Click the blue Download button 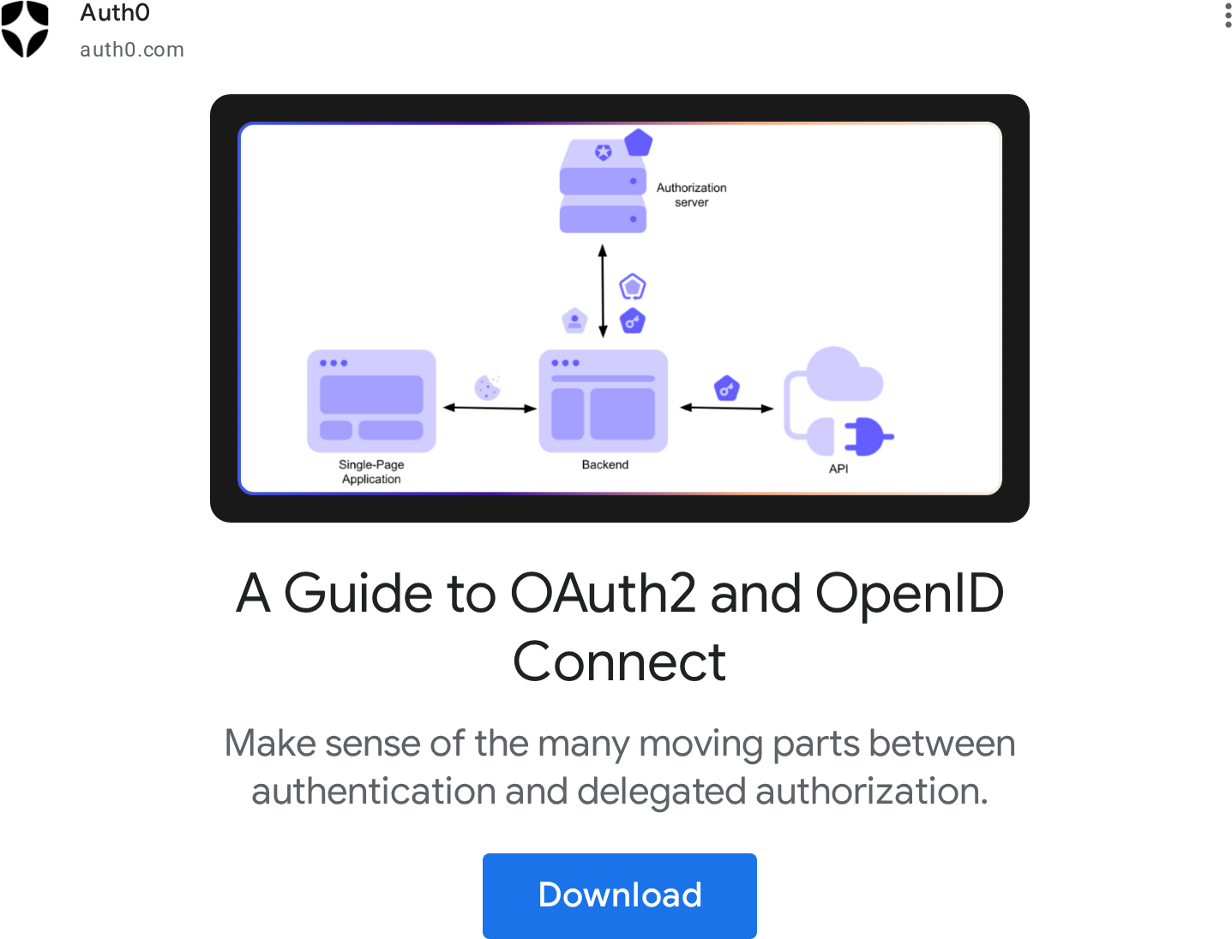point(619,895)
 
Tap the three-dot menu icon point(1228,15)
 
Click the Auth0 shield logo point(25,29)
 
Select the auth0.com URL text point(132,50)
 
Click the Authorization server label point(691,194)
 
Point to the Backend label point(605,464)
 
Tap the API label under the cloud point(838,469)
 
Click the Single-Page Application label point(371,472)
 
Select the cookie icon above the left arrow point(487,387)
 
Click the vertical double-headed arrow point(603,291)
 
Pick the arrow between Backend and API point(727,408)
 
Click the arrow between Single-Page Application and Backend point(490,408)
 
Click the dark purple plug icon point(867,436)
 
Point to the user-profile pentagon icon point(574,320)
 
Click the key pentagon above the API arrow point(726,388)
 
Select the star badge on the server point(604,152)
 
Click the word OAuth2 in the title point(604,594)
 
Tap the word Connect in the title point(619,662)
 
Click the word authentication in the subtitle point(373,791)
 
